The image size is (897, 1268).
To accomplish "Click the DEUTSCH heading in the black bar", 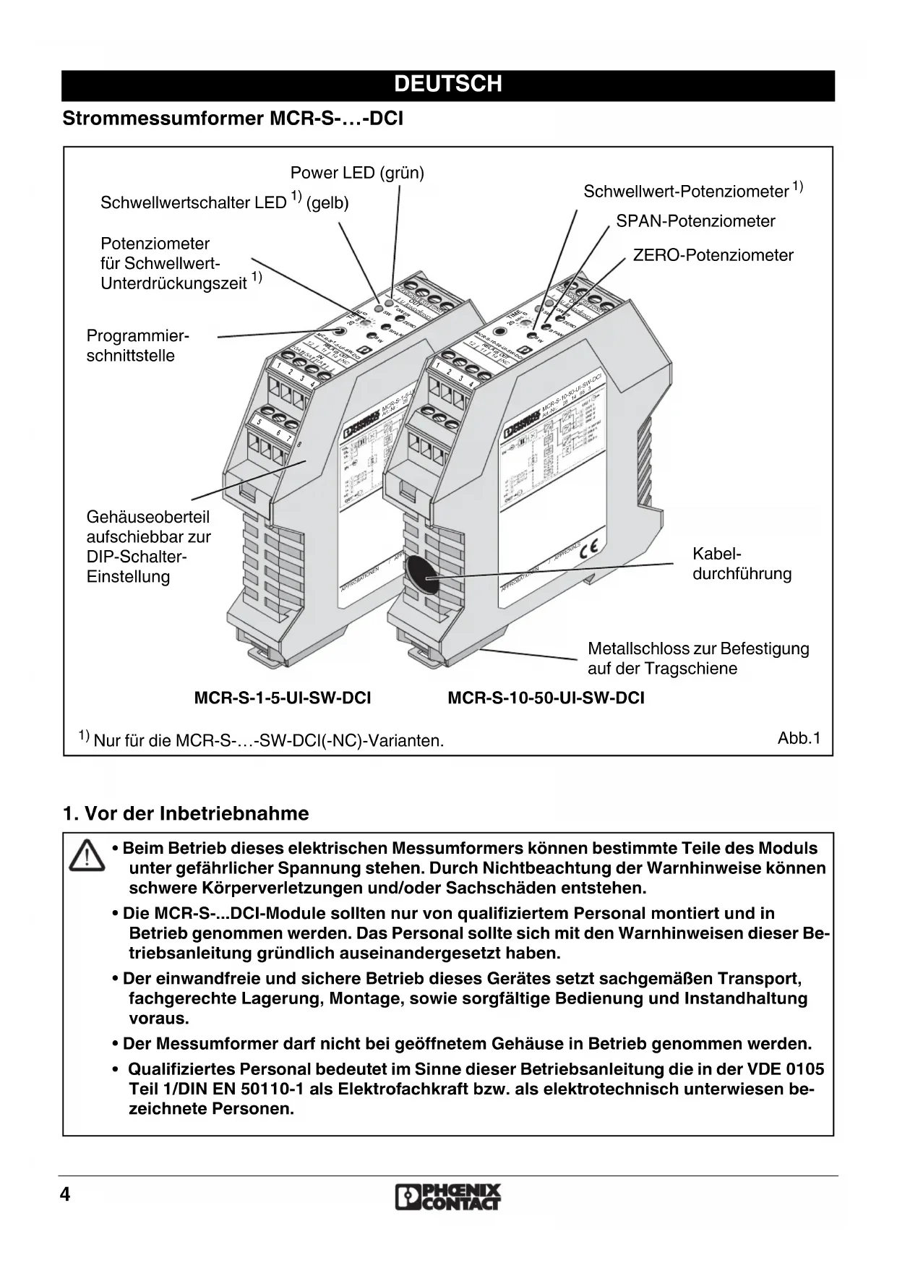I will click(448, 85).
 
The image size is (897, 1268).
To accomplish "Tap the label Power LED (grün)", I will click(357, 173).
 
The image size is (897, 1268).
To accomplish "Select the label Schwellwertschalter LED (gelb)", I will click(224, 202).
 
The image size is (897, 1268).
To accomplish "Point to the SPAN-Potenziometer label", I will click(695, 221).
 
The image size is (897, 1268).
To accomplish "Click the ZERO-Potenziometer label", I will click(713, 255).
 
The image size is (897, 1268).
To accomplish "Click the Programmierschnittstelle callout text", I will click(137, 346).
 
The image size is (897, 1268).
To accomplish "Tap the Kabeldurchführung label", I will click(742, 564).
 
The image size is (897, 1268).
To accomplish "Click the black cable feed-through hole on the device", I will click(419, 575).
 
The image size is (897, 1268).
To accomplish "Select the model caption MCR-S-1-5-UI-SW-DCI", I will click(283, 698).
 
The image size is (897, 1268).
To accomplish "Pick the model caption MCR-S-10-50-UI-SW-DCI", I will click(546, 698).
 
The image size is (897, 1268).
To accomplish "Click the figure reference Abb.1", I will click(799, 738).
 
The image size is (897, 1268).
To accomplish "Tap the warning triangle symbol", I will click(87, 855).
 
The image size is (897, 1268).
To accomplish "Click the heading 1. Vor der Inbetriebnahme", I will click(186, 813).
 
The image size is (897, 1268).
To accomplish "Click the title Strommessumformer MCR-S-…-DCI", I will click(233, 119).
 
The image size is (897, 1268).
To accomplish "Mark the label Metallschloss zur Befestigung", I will click(698, 649).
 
